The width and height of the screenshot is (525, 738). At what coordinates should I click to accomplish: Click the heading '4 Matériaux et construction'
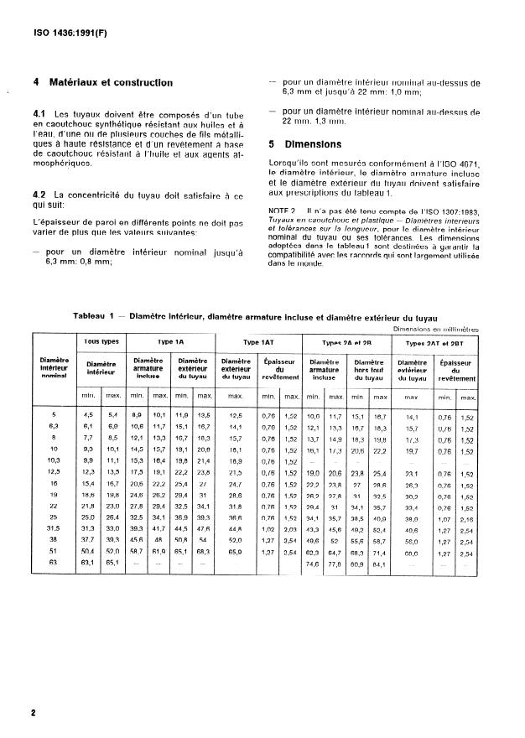[102, 83]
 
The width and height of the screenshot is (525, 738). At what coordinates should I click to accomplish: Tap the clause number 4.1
[39, 113]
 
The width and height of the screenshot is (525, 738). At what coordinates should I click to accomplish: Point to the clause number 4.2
[39, 195]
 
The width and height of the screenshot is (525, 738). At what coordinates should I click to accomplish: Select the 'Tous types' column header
[100, 343]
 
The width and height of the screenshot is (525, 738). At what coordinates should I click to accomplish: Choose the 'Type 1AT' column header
[257, 343]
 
